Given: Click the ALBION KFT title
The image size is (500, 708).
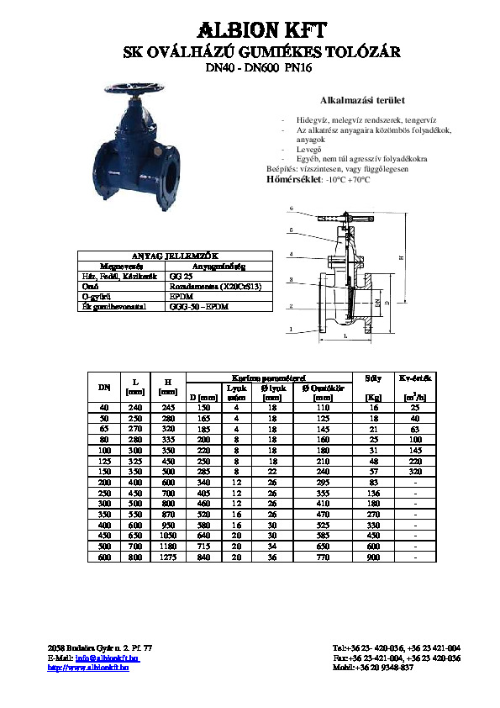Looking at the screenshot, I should [x=250, y=29].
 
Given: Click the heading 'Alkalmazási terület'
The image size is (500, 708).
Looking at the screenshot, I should [x=356, y=100].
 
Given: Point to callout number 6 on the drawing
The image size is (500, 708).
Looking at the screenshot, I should [x=291, y=208].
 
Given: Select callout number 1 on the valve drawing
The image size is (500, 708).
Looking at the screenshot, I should [x=291, y=330].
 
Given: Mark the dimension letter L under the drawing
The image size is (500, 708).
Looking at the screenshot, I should [x=345, y=336].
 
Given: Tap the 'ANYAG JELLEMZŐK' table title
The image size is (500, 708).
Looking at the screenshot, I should [x=171, y=255].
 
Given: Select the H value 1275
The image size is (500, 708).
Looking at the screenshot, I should [x=167, y=557].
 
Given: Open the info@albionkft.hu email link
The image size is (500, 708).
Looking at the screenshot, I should [x=108, y=658].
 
